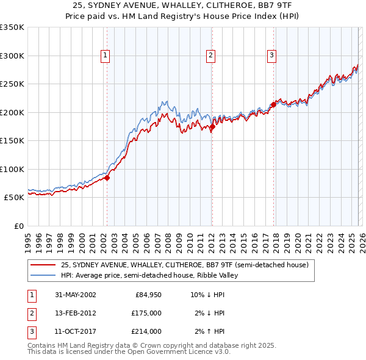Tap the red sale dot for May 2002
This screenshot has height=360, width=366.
pyautogui.click(x=107, y=178)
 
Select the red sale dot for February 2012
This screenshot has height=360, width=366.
pyautogui.click(x=212, y=127)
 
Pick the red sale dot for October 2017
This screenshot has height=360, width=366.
pyautogui.click(x=273, y=105)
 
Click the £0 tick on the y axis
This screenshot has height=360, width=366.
pyautogui.click(x=18, y=226)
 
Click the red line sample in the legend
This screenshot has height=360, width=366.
pyautogui.click(x=42, y=265)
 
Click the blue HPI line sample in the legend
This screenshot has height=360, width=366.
pyautogui.click(x=42, y=275)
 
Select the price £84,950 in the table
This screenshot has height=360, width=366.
pyautogui.click(x=148, y=295)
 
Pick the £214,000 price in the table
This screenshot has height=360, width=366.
pyautogui.click(x=146, y=331)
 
